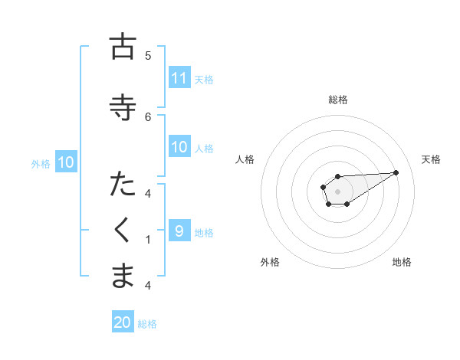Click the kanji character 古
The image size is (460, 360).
tap(122, 47)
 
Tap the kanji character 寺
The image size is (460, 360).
tap(122, 106)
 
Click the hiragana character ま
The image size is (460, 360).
tap(122, 276)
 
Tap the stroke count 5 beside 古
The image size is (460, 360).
tap(148, 56)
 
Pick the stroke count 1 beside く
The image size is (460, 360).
tap(148, 240)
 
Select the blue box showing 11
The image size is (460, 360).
tap(179, 78)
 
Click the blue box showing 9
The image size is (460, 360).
tap(179, 231)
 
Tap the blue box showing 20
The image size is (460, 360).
tap(123, 323)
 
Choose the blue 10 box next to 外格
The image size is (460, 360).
tap(66, 162)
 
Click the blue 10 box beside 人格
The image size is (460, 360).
tap(179, 147)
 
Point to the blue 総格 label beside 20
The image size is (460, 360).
tap(147, 324)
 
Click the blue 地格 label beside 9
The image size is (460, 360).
tap(204, 232)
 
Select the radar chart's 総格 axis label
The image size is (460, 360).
tap(338, 100)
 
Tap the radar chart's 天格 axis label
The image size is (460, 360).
tap(431, 159)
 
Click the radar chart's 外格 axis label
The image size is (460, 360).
tap(270, 262)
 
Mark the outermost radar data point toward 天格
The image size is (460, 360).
tap(396, 172)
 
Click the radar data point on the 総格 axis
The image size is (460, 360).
tap(337, 176)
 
